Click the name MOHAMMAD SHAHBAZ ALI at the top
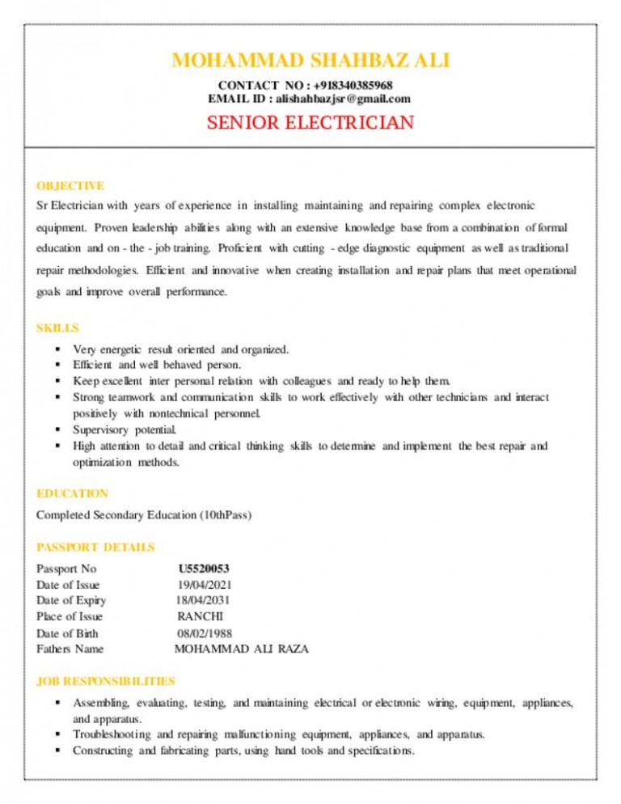(310, 61)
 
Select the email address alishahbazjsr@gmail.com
(343, 99)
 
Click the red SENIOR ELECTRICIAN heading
(310, 124)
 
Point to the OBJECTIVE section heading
(70, 186)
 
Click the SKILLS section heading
(57, 328)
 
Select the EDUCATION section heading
(73, 493)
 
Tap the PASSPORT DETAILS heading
(95, 548)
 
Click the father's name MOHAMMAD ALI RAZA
(242, 649)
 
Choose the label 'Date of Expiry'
(71, 600)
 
